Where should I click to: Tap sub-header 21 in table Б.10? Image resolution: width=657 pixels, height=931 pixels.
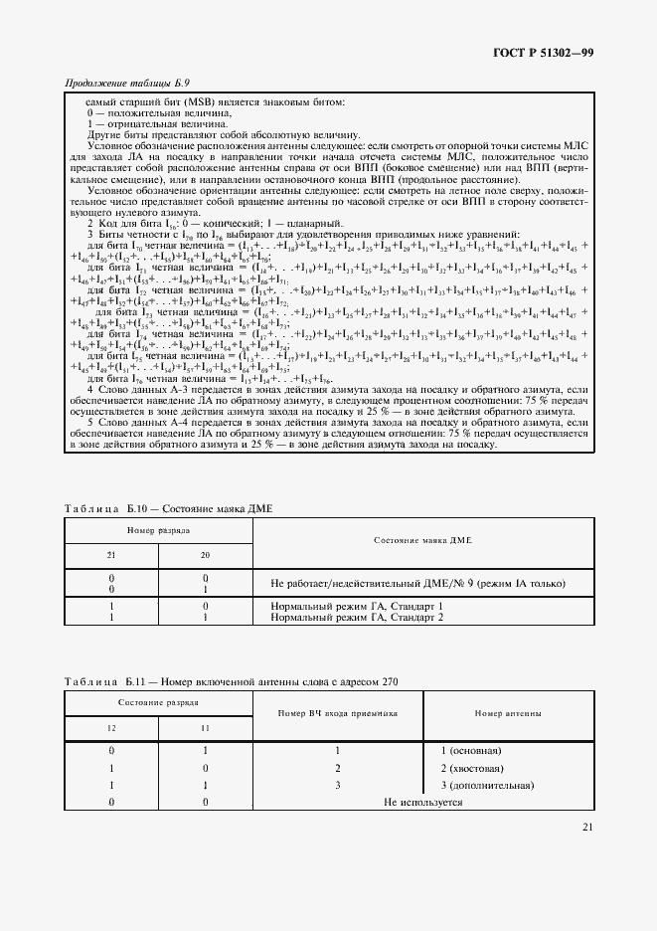pos(111,555)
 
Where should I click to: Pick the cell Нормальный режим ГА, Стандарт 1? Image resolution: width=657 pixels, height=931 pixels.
pos(356,606)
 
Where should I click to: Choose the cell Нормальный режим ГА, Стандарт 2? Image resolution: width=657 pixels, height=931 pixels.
pos(356,617)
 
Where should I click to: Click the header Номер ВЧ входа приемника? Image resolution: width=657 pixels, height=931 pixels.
pos(338,713)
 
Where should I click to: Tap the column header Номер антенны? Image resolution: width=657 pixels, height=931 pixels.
pos(508,713)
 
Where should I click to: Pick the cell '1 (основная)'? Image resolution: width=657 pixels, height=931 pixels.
pos(470,751)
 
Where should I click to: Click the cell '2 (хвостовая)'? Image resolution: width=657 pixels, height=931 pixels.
pos(473,768)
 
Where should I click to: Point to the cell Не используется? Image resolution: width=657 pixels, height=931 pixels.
pos(423,802)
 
